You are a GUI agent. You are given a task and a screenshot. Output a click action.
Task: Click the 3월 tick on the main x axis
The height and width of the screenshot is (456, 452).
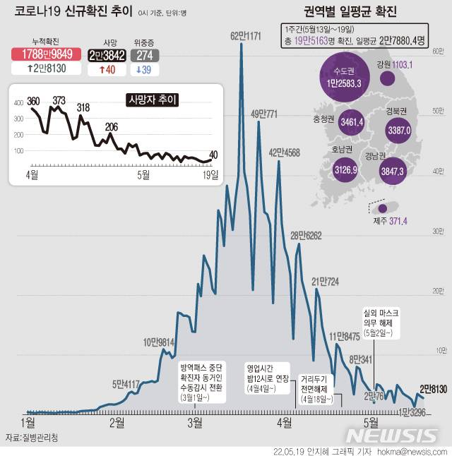coord(194,422)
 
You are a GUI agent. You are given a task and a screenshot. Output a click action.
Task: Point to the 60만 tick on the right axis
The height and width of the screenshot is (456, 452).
coord(438,52)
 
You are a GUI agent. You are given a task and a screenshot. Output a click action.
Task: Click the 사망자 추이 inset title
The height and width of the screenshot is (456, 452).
coord(152,100)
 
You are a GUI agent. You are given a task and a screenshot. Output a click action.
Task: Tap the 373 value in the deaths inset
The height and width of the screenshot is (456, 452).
coord(59,100)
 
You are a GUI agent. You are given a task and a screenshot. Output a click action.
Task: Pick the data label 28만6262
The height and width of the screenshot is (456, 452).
coord(306,236)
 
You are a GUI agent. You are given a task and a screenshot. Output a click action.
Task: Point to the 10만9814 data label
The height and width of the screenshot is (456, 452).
coord(159,342)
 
